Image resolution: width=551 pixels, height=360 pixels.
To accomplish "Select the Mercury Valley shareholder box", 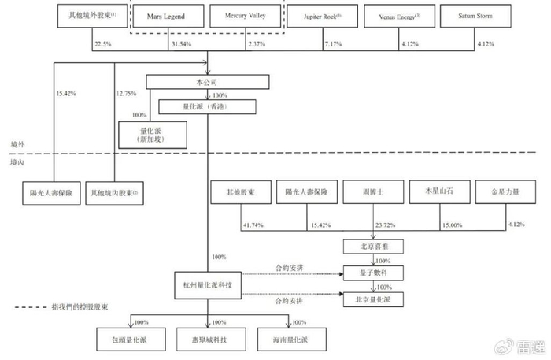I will (245, 17).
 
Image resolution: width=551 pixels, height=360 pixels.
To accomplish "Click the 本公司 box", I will (208, 82).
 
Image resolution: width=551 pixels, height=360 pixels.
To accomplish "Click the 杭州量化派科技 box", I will (208, 284).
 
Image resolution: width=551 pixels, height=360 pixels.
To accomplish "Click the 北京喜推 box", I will (372, 247).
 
